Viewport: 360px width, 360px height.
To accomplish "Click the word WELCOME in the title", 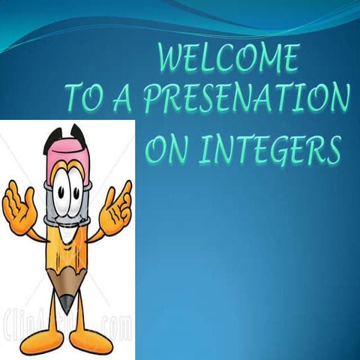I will pyautogui.click(x=229, y=59).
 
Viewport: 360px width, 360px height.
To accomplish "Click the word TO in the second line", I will pyautogui.click(x=101, y=99).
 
